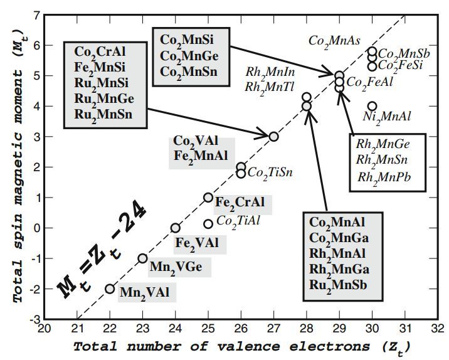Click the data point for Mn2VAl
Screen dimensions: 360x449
pos(110,289)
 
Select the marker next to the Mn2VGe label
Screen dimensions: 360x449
pos(143,258)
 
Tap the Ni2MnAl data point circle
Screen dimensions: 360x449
pos(372,106)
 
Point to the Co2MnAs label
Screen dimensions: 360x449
pos(334,40)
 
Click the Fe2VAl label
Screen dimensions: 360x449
pos(197,243)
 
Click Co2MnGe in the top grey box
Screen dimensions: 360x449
pos(188,55)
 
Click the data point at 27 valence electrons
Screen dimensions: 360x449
pos(273,136)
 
